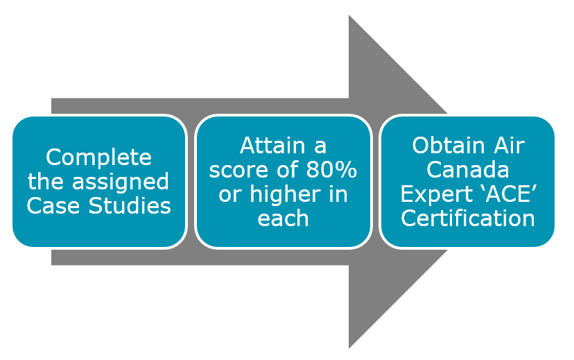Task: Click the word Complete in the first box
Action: pyautogui.click(x=98, y=158)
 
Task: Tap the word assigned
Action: pyautogui.click(x=121, y=182)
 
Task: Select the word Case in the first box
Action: pyautogui.click(x=53, y=206)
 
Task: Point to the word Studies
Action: pyautogui.click(x=130, y=206)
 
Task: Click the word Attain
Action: pyautogui.click(x=272, y=146)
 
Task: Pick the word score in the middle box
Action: pyautogui.click(x=239, y=171)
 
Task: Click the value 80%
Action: pyautogui.click(x=331, y=170)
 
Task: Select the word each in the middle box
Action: pyautogui.click(x=283, y=218)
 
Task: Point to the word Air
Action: pyautogui.click(x=510, y=146)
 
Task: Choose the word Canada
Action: pyautogui.click(x=468, y=170)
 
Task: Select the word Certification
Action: pyautogui.click(x=468, y=218)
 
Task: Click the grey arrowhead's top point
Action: pyautogui.click(x=349, y=15)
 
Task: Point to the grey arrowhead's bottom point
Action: pyautogui.click(x=349, y=349)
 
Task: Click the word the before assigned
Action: pyautogui.click(x=46, y=182)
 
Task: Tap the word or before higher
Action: pyautogui.click(x=231, y=196)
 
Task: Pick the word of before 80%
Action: pyautogui.click(x=288, y=170)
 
